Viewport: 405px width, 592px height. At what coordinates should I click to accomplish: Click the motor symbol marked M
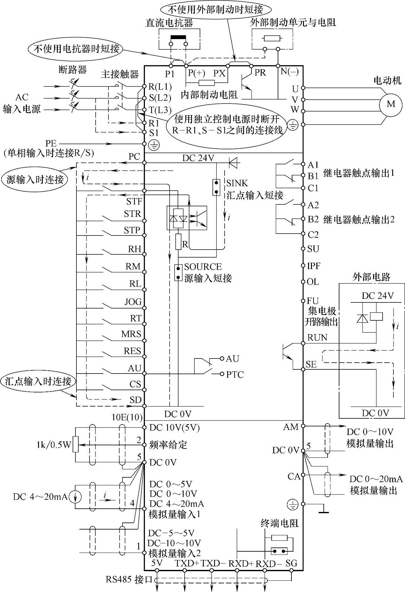391,104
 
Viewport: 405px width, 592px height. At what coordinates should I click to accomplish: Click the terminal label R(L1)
160,87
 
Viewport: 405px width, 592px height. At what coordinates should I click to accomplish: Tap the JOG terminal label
133,302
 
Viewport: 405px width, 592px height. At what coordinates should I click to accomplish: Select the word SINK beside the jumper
237,183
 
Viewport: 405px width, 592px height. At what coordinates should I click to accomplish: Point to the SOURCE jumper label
203,267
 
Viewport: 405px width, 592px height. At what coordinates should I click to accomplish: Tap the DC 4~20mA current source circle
75,497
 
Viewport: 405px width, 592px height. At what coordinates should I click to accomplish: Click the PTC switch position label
235,374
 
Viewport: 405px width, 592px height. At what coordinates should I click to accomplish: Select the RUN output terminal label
317,338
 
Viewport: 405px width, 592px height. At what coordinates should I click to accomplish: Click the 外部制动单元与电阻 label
293,22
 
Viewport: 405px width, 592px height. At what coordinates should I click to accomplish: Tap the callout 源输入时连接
35,180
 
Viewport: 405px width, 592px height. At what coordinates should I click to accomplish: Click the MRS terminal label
131,334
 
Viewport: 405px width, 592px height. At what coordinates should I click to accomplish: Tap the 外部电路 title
371,277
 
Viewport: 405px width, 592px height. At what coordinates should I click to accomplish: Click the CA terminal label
294,476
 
